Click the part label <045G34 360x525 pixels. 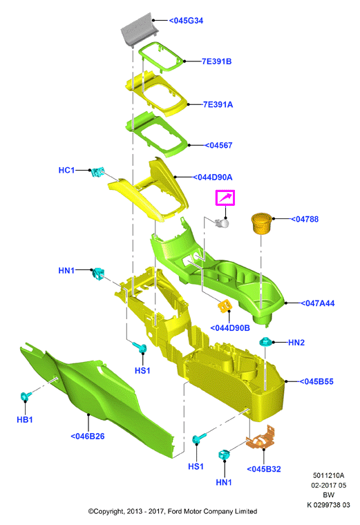pos(186,21)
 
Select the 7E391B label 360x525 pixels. pos(217,61)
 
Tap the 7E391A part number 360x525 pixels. pos(218,104)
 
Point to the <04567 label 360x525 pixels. pos(218,145)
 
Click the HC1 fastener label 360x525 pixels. pos(66,170)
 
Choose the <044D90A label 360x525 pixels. pos(213,177)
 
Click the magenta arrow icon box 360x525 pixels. pos(225,198)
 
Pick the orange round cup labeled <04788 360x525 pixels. pos(262,223)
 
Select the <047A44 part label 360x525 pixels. pos(317,303)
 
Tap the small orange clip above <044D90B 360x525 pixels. pos(225,305)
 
